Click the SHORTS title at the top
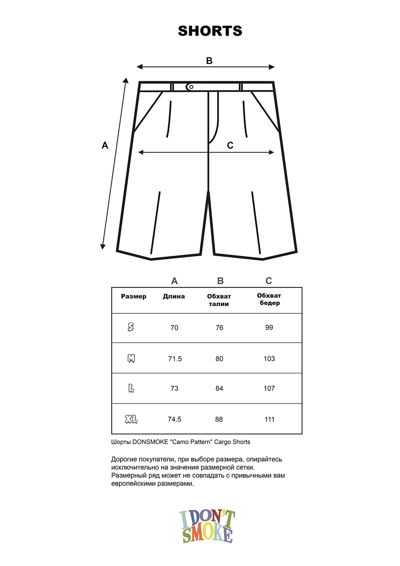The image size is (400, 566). [x=210, y=31]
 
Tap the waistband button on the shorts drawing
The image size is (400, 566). [x=191, y=86]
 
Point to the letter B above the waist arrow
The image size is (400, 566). [x=209, y=61]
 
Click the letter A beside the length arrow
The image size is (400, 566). [x=105, y=145]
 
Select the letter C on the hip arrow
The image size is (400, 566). [x=230, y=146]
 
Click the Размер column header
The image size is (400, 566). [x=134, y=297]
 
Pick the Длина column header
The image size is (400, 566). [x=174, y=297]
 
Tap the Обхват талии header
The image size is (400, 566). [x=219, y=300]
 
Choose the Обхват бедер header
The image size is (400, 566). [x=269, y=299]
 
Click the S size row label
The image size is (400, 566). [x=131, y=327]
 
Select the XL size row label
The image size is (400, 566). [x=131, y=419]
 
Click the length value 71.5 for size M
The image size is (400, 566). [x=175, y=359]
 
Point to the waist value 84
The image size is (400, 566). [x=219, y=388]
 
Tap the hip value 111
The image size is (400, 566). [x=270, y=419]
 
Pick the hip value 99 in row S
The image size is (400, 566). [x=269, y=327]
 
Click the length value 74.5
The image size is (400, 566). [x=174, y=419]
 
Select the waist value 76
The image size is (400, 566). [x=219, y=327]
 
